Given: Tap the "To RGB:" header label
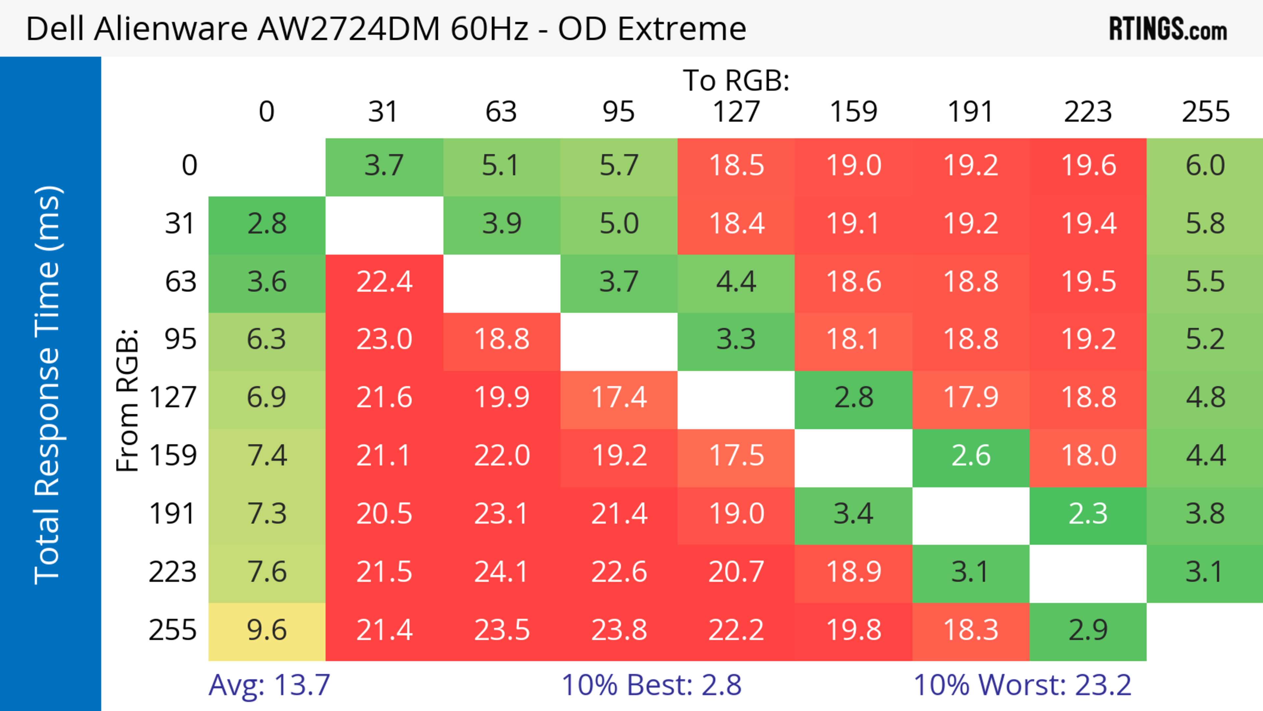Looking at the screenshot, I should pos(736,80).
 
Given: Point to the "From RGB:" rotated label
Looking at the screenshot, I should pos(128,400).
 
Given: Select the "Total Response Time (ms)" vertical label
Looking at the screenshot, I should pos(48,385).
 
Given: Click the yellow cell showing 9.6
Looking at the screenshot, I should pos(267,631).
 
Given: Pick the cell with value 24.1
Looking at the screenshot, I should pos(501,572).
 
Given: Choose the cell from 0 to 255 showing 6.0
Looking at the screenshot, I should pos(1205,165).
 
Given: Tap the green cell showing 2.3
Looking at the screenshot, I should pos(1087,514).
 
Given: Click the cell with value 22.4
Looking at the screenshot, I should pos(384,282).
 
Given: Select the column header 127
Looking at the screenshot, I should pos(736,112).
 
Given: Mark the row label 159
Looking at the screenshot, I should pos(173,456).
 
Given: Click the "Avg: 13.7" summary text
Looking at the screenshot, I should pos(269,685).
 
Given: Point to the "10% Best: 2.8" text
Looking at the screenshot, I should pos(651,685).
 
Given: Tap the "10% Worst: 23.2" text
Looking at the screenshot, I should pos(1022,685).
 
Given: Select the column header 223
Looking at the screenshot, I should pos(1087,112).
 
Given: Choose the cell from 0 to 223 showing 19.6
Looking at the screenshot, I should pos(1087,165).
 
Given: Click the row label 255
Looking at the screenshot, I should pos(173,631).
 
